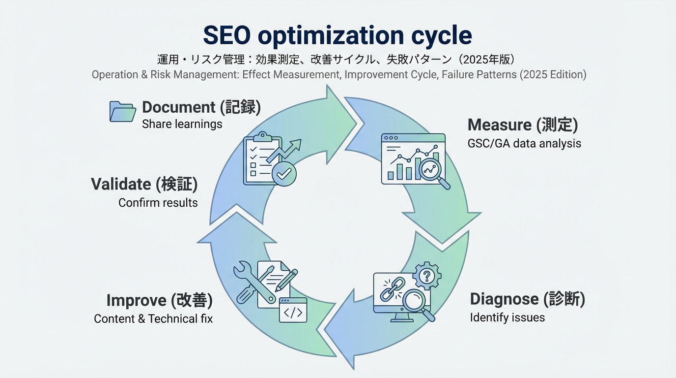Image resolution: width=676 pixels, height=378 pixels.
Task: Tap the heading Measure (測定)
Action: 522,125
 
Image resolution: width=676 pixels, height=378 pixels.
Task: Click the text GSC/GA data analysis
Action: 524,144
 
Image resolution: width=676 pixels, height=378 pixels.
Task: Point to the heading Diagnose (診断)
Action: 527,299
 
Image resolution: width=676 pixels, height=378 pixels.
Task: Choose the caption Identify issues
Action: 507,317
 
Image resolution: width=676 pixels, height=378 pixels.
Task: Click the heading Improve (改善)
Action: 159,300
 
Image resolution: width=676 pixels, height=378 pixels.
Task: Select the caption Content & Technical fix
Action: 153,319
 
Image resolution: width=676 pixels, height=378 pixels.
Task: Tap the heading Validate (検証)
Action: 144,184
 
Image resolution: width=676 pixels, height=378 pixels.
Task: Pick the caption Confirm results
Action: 158,203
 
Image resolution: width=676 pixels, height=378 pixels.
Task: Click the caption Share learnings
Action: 182,124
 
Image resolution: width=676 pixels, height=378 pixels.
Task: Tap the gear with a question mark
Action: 426,275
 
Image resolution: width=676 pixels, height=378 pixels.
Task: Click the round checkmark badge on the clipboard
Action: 284,173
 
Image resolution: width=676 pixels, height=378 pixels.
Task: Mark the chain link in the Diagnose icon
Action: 392,289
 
